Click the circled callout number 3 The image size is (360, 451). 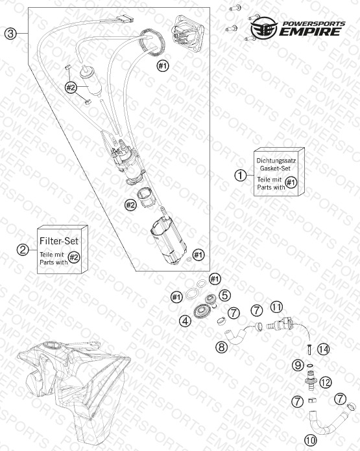point(10,34)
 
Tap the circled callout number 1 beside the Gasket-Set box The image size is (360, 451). point(241,175)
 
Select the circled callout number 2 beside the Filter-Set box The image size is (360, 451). point(23,249)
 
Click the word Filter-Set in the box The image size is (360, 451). point(59,241)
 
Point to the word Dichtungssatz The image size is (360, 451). point(276,161)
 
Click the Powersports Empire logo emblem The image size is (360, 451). point(263,28)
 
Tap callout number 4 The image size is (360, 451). point(185,321)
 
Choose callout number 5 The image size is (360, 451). point(224,295)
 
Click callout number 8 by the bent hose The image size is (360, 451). point(221,347)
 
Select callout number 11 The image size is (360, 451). point(276,307)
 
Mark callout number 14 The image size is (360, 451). point(323,349)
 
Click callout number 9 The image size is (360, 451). point(298,365)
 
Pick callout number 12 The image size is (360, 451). point(326,382)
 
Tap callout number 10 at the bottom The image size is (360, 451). point(310,440)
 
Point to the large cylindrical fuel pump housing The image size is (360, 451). point(169,240)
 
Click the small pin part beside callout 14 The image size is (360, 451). point(310,349)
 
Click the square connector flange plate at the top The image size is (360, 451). point(188,34)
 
